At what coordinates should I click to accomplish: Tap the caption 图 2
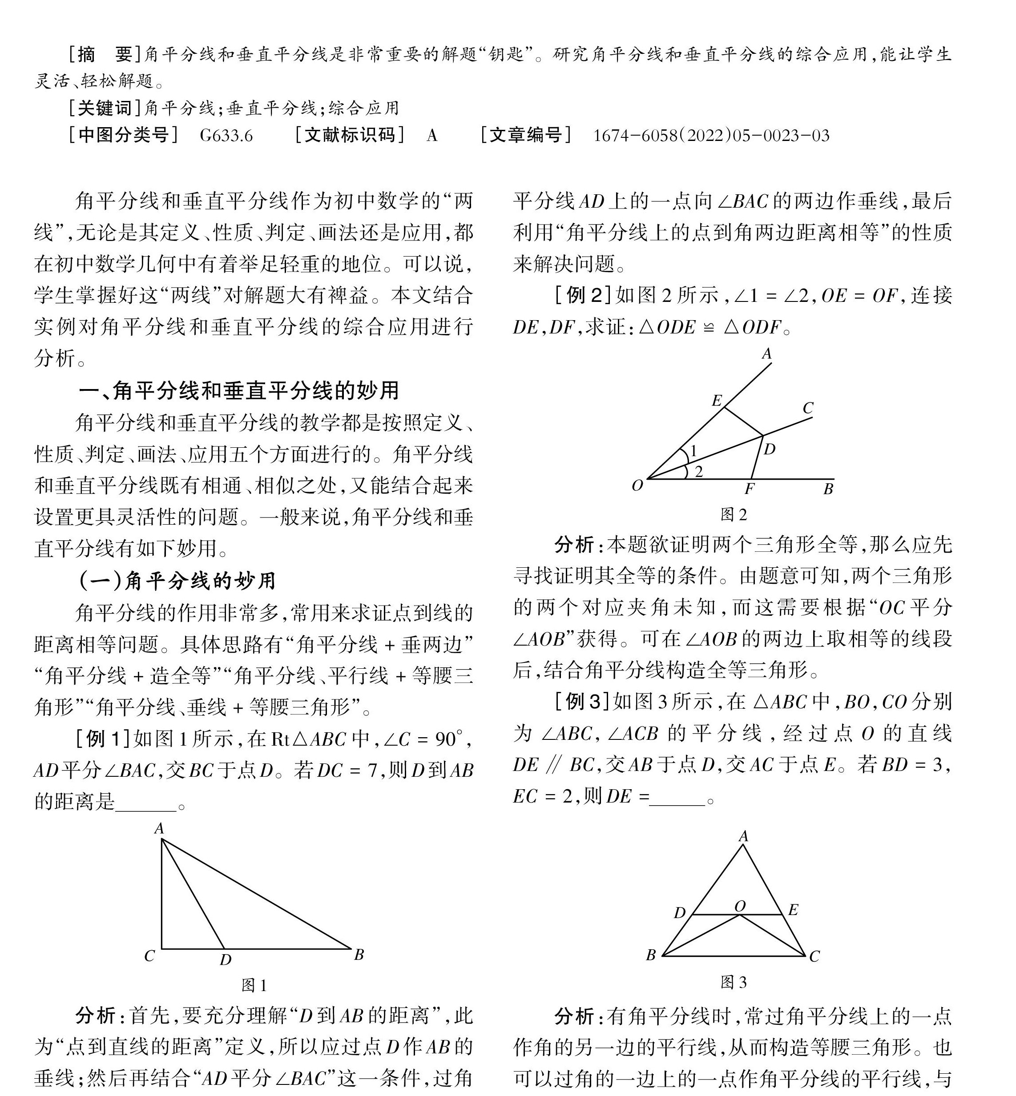click(734, 515)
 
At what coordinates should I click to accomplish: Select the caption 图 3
click(734, 982)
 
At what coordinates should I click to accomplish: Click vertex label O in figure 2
click(637, 486)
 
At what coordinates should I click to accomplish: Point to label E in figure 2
click(716, 401)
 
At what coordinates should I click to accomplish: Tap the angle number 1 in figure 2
click(693, 452)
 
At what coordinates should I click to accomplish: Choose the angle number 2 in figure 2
click(699, 471)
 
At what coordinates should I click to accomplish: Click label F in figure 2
click(749, 489)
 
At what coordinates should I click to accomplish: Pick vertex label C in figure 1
click(149, 956)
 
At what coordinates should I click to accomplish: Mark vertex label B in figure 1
click(359, 955)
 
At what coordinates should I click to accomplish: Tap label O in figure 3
click(740, 906)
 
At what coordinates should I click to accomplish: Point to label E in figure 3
click(793, 910)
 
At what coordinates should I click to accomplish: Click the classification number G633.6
click(226, 136)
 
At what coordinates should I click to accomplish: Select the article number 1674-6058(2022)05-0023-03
click(711, 136)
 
